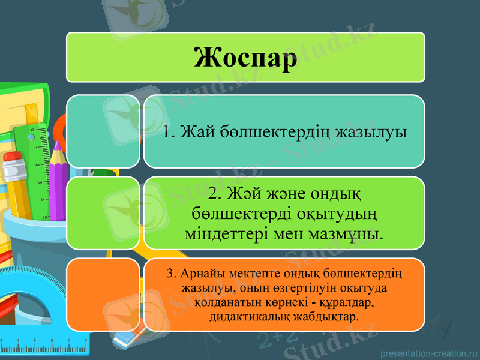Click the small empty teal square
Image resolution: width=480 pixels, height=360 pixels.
coord(103,131)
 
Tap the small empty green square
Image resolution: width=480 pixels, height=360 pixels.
coord(103,212)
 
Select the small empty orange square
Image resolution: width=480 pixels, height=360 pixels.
coord(103,294)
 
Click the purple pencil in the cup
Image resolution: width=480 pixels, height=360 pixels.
coord(59,180)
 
